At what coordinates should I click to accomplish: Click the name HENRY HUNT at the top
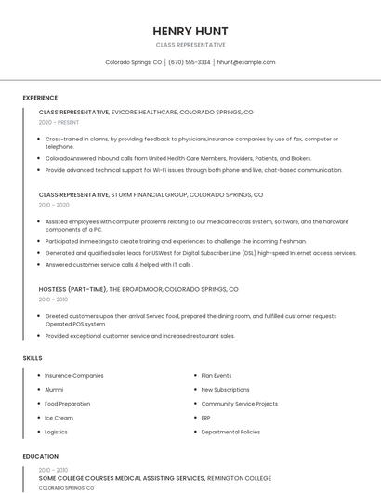coord(190,31)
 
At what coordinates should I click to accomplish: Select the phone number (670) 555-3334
coord(189,62)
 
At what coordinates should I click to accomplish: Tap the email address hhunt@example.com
coord(246,62)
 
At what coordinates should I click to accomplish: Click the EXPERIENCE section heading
coord(40,98)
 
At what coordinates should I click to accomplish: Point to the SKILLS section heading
coord(33,358)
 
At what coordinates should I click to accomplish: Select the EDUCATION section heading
coord(40,457)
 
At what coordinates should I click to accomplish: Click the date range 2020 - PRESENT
coord(59,122)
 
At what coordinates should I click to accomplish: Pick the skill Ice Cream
coord(59,418)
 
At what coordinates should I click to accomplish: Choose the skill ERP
coord(206,418)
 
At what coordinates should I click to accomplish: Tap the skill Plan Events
coord(217,376)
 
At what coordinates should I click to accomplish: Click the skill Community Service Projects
coord(239,404)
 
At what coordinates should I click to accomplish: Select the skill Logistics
coord(56,432)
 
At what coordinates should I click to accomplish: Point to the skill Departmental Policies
coord(230,432)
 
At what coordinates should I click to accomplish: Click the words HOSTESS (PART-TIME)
coord(72,289)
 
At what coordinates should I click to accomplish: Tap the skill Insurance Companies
coord(74,376)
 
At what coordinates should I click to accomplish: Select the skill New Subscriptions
coord(225,390)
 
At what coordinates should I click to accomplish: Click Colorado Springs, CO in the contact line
coord(133,62)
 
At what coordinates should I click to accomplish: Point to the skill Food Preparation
coord(68,404)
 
